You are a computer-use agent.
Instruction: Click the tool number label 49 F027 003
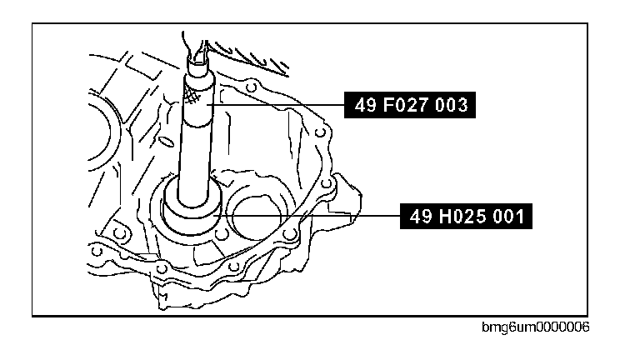[x=410, y=105]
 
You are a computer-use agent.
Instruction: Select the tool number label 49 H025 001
[x=466, y=216]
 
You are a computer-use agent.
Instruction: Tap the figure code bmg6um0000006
[x=536, y=327]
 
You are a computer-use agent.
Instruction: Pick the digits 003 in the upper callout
[x=451, y=105]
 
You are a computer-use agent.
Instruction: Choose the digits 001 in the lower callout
[x=507, y=217]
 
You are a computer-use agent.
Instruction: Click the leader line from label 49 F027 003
[x=276, y=105]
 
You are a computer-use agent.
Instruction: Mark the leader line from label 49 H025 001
[x=307, y=215]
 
